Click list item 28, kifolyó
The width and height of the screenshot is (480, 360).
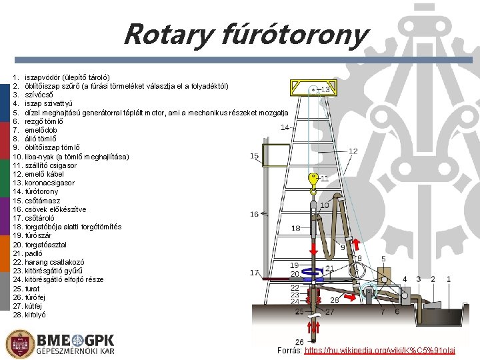click(38, 314)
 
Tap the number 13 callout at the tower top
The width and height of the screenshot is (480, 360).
click(326, 89)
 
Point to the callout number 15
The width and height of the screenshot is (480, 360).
click(255, 156)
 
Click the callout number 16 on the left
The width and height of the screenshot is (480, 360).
click(255, 214)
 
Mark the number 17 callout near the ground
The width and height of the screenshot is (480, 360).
click(255, 273)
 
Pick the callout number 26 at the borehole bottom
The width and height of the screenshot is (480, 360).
click(299, 341)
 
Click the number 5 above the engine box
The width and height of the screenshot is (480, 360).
click(383, 259)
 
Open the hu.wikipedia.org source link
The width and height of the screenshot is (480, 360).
click(379, 350)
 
